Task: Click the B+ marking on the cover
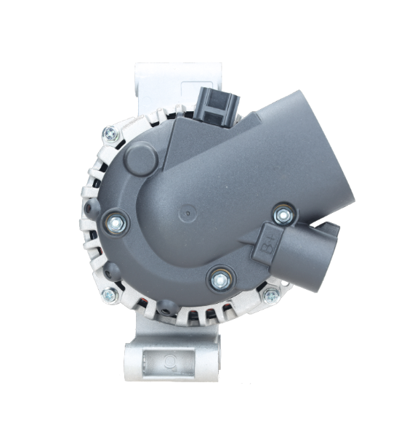point(269,246)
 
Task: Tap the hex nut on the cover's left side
point(116,223)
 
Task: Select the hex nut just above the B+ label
point(283,214)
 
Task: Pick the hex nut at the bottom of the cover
point(221,280)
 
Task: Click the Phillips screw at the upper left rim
point(110,134)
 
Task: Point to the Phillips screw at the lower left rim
point(110,295)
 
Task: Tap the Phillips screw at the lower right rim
point(271,296)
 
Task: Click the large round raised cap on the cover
point(141,158)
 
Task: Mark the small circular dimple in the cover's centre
point(188,213)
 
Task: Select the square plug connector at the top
point(217,107)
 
